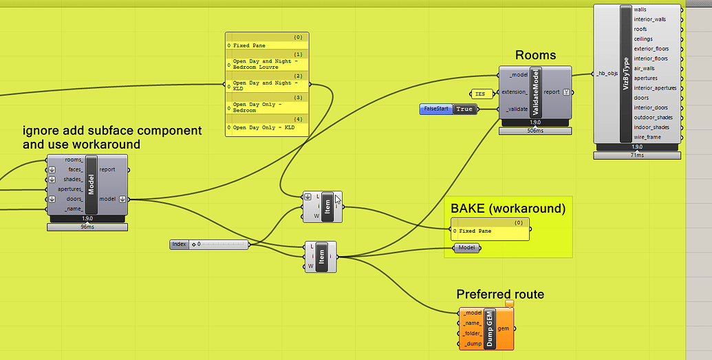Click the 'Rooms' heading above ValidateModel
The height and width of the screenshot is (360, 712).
click(535, 55)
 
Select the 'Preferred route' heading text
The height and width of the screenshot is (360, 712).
click(500, 295)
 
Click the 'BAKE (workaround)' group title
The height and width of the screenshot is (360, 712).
click(508, 209)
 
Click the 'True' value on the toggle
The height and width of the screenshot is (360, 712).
click(464, 109)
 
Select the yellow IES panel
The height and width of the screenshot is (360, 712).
click(479, 93)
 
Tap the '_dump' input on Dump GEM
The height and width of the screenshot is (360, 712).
click(473, 343)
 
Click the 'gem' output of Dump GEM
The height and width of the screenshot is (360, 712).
click(503, 328)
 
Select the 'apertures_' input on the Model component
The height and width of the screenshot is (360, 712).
click(69, 189)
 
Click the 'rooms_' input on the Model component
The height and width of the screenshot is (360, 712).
click(73, 160)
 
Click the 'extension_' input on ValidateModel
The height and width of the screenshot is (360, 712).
click(514, 92)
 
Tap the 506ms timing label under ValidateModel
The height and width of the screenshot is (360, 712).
click(535, 131)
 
